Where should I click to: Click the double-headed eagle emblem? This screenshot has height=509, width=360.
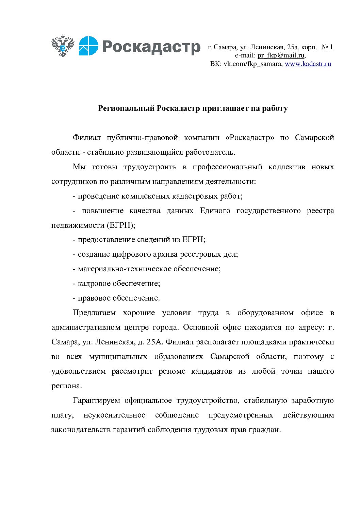(63, 46)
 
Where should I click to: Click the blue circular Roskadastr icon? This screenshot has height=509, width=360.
(88, 46)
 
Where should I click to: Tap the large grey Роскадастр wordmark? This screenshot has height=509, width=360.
(151, 47)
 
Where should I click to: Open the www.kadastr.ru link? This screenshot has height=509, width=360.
(308, 64)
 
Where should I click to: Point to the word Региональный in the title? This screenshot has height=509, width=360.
(126, 108)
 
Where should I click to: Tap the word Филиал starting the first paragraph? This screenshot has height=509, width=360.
(87, 138)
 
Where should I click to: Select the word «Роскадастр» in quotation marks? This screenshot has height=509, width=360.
(250, 138)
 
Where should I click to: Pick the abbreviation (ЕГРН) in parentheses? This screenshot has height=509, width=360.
(121, 225)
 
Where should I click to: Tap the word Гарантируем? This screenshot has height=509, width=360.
(96, 401)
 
